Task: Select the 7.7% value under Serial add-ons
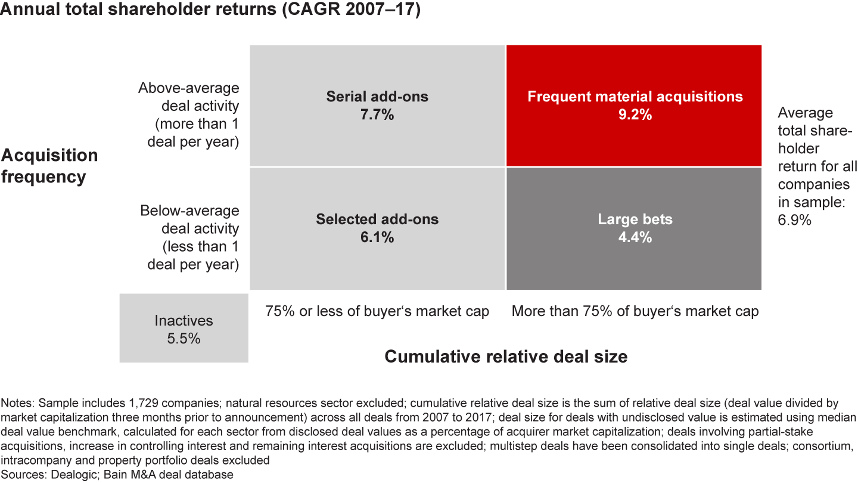(x=377, y=114)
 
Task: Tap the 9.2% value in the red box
(x=635, y=114)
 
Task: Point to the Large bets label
(x=635, y=219)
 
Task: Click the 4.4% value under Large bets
(x=635, y=237)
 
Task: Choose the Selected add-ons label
(x=377, y=219)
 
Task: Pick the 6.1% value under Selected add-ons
(x=377, y=237)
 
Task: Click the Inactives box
(x=184, y=328)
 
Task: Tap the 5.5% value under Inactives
(x=184, y=338)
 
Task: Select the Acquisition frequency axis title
(x=49, y=166)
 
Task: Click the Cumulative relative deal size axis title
(x=506, y=357)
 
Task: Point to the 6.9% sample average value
(x=794, y=220)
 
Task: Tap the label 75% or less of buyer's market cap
(x=377, y=311)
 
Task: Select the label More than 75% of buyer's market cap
(x=635, y=311)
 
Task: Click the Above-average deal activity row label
(x=189, y=115)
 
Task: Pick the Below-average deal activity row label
(x=189, y=237)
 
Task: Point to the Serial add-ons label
(x=377, y=97)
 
